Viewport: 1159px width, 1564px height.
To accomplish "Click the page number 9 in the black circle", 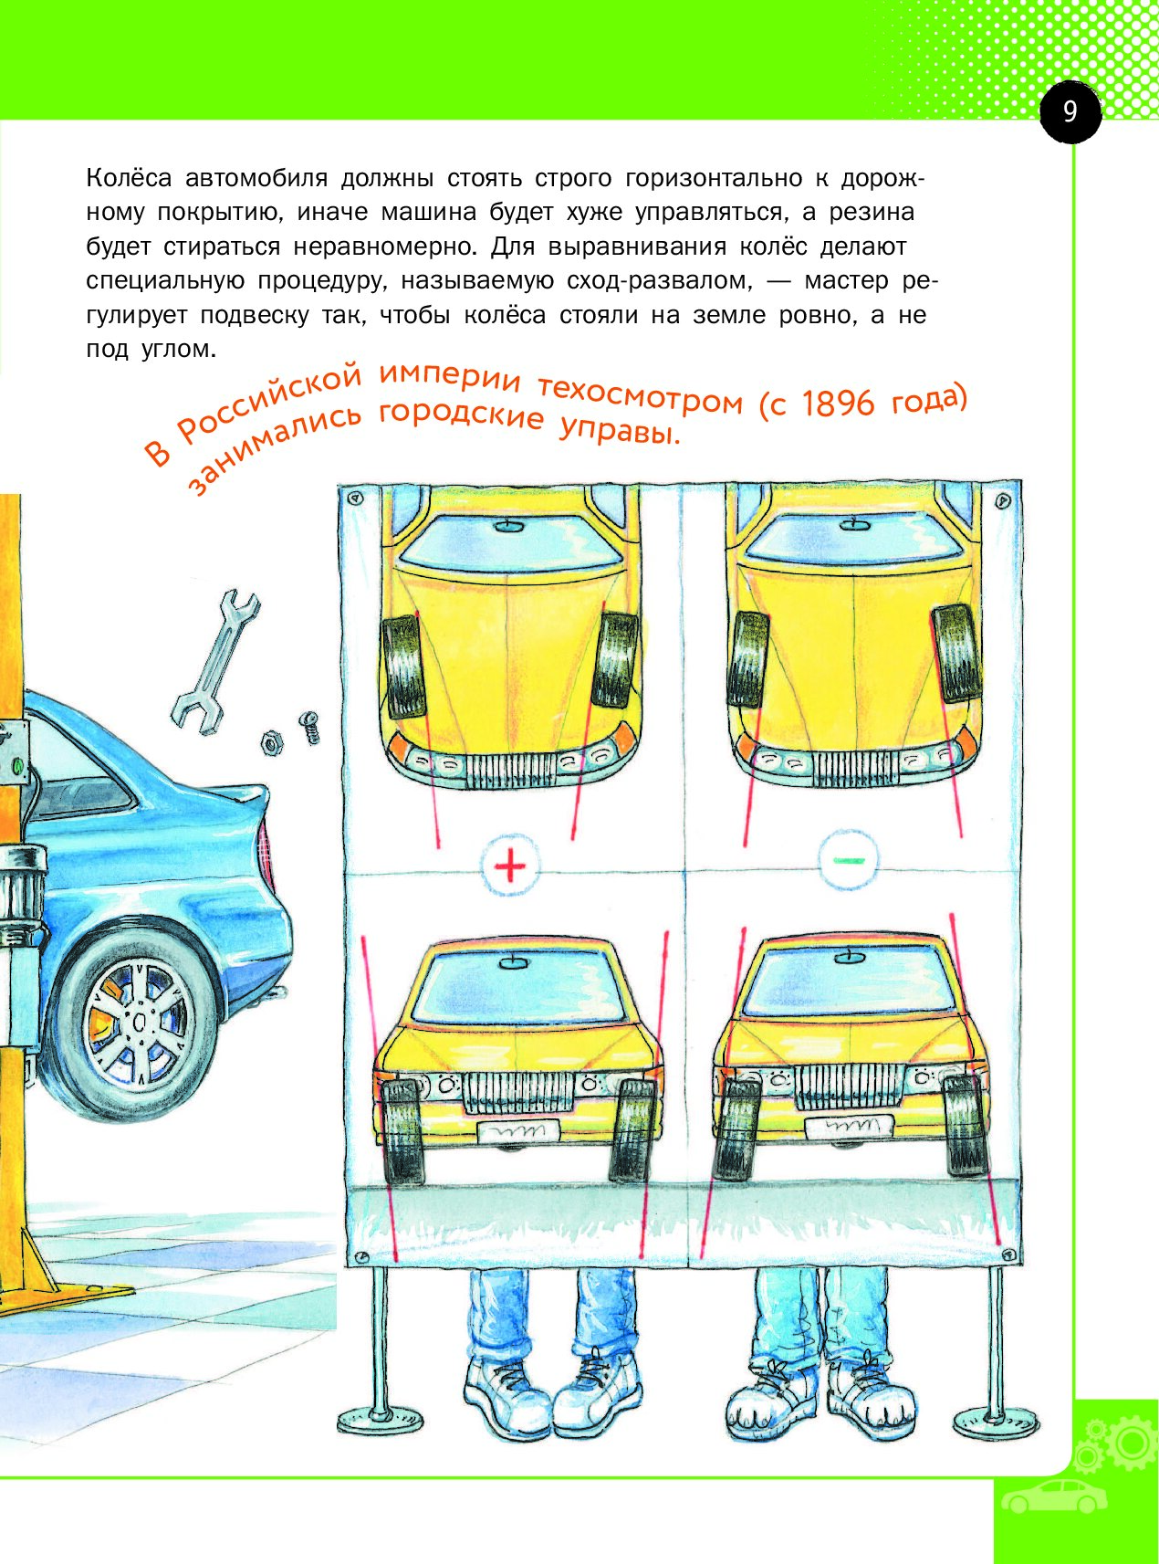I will (x=1070, y=111).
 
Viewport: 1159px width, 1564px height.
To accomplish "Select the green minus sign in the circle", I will (x=848, y=859).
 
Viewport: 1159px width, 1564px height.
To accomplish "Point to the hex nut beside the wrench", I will (x=272, y=740).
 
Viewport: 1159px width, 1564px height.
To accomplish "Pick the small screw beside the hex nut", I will (x=310, y=729).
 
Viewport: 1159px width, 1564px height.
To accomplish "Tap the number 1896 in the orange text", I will (x=838, y=403).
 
